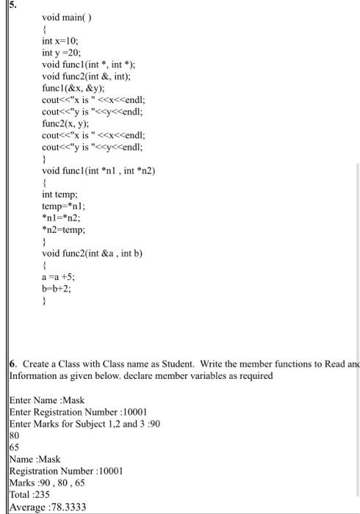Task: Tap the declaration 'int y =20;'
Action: coord(61,53)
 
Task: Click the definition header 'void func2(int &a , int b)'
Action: coord(92,253)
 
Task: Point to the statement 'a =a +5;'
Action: coord(58,277)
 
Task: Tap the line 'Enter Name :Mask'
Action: coord(47,400)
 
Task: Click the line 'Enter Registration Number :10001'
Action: coord(78,412)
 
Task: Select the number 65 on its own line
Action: coord(14,447)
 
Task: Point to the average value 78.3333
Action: coord(67,507)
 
